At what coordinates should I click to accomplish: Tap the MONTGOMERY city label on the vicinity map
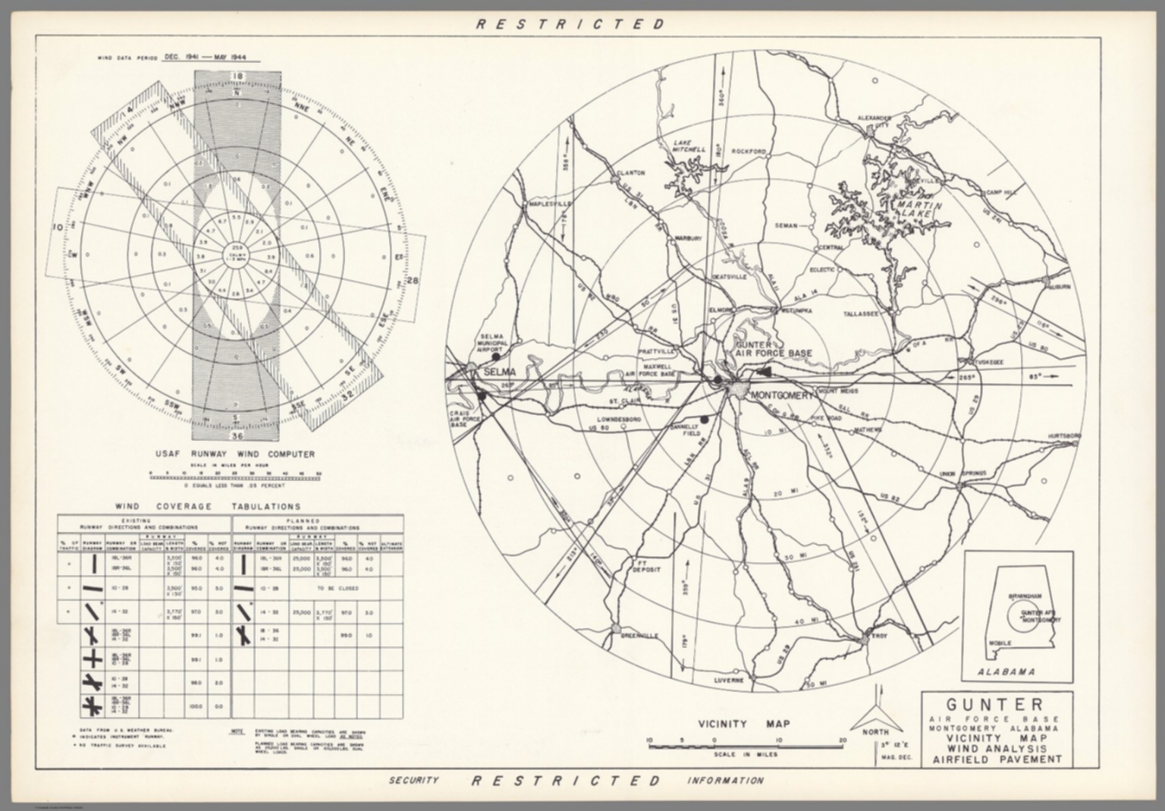coord(781,395)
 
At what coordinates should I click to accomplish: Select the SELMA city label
coord(500,372)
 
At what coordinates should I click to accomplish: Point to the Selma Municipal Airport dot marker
coord(495,355)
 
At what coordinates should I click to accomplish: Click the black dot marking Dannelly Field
coord(705,419)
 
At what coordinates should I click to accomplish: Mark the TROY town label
coord(880,636)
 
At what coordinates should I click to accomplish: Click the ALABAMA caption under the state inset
coord(1006,671)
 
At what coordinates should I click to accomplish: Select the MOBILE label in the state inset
coord(1000,643)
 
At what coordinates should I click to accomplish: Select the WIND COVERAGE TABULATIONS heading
coord(207,506)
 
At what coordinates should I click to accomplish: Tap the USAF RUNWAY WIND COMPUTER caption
coord(234,454)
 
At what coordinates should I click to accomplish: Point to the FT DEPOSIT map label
coord(647,566)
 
